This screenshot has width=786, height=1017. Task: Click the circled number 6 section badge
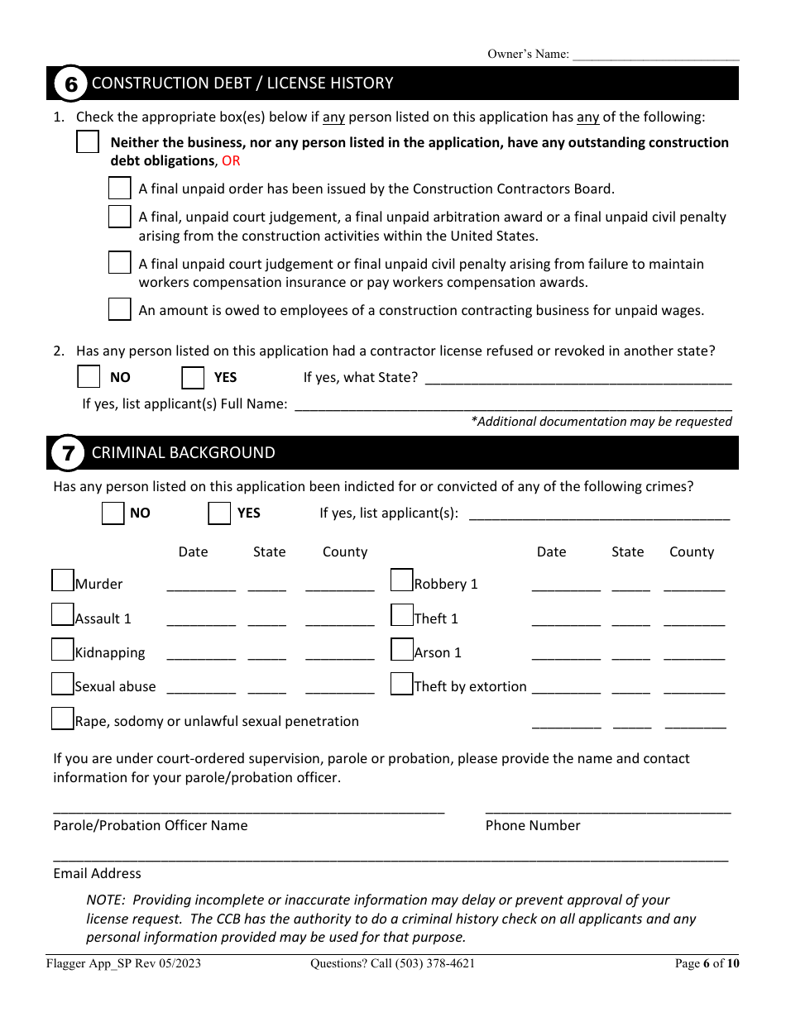(70, 84)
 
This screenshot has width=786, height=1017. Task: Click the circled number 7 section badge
(69, 453)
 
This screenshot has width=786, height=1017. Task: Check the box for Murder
(63, 580)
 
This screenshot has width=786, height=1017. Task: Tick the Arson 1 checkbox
(402, 649)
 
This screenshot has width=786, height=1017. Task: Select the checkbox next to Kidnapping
(63, 649)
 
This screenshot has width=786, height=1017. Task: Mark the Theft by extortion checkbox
(402, 684)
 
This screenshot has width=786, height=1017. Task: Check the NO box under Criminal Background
(113, 513)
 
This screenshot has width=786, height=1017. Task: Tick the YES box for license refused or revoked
(193, 378)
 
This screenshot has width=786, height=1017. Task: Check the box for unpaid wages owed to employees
(120, 309)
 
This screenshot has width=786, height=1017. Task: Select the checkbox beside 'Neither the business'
(88, 142)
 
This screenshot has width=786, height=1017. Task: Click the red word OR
(231, 160)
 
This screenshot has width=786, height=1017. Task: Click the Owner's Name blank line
(655, 55)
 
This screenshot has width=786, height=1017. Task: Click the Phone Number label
(533, 825)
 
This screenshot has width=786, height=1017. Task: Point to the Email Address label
(97, 873)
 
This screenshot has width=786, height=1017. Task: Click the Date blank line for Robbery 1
(566, 585)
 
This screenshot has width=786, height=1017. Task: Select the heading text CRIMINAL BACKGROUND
(183, 453)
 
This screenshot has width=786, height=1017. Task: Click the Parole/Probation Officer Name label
(150, 825)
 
